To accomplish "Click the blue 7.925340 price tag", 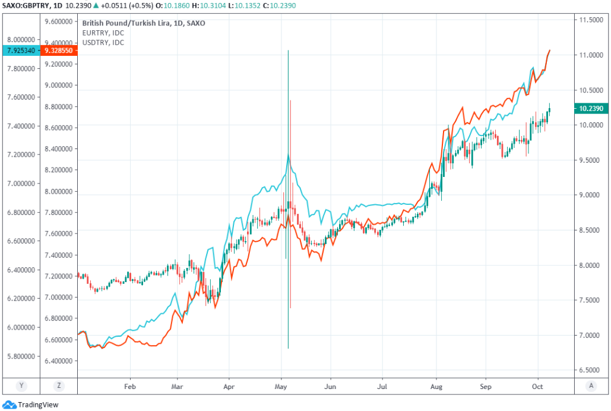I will pyautogui.click(x=20, y=51).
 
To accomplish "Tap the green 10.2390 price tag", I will pyautogui.click(x=591, y=108).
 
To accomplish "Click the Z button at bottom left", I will pyautogui.click(x=59, y=385).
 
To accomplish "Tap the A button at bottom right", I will pyautogui.click(x=591, y=385).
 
